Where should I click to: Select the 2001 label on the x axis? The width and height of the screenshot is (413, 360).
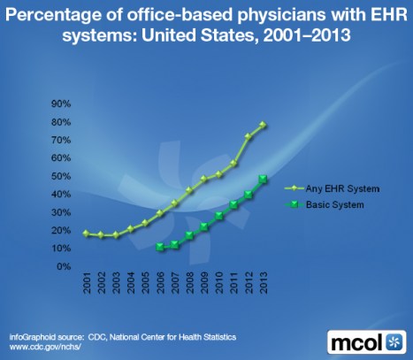86,287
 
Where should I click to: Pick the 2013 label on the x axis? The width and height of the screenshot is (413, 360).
264,287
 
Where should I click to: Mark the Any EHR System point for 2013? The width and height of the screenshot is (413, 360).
264,125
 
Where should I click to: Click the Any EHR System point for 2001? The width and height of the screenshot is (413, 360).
86,234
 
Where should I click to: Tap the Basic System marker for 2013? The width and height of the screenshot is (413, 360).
264,179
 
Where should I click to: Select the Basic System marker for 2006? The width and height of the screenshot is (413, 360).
160,247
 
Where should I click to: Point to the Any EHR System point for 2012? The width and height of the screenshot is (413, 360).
249,136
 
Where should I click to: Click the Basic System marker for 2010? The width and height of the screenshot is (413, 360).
219,216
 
